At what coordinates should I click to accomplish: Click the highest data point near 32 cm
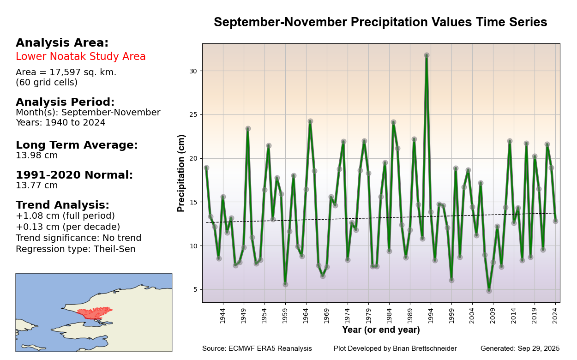[x=427, y=55]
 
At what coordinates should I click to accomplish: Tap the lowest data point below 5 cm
[x=489, y=291]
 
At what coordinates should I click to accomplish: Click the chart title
[x=380, y=23]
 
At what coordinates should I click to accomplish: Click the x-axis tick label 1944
[x=222, y=316]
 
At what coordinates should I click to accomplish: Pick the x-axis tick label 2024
[x=555, y=316]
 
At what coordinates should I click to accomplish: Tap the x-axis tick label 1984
[x=389, y=316]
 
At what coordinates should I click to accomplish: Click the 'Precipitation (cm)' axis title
[x=181, y=173]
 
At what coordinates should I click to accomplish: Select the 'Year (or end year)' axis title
[x=381, y=330]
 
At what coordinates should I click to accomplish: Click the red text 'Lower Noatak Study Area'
[x=81, y=57]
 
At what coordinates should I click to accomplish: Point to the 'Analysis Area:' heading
[x=62, y=43]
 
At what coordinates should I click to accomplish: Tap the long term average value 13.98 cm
[x=37, y=156]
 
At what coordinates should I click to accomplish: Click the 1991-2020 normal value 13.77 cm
[x=37, y=186]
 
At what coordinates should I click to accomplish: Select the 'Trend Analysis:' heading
[x=63, y=205]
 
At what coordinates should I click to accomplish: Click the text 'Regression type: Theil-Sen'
[x=76, y=249]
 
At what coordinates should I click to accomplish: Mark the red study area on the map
[x=95, y=313]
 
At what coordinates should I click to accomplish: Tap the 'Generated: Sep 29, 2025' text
[x=520, y=349]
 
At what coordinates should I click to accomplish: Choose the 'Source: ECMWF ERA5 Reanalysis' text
[x=257, y=349]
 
